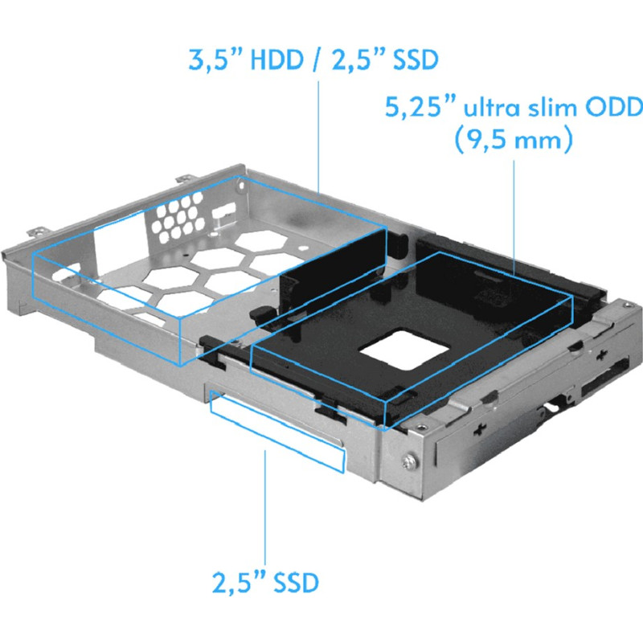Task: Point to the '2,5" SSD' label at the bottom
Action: click(x=265, y=580)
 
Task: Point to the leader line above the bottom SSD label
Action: click(x=265, y=506)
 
